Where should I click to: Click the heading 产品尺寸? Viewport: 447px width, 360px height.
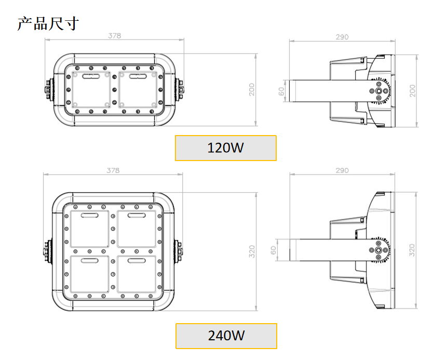pos(48,24)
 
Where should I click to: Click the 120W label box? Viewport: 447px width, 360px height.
pos(226,148)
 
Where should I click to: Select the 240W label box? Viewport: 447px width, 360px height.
pos(226,336)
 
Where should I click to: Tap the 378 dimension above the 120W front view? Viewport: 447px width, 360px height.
pos(114,36)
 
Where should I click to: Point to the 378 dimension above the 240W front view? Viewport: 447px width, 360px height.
pos(113,170)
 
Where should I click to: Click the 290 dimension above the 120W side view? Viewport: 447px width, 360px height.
pos(342,37)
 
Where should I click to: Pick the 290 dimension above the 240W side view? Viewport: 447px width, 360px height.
pos(342,170)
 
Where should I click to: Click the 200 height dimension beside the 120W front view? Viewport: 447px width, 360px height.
pos(252,89)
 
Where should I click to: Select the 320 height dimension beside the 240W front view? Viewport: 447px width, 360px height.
pos(252,251)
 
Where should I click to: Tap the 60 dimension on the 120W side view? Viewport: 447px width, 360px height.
pos(281,91)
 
